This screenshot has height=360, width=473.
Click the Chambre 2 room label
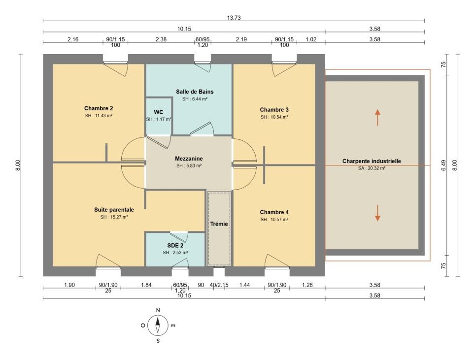[x=99, y=108]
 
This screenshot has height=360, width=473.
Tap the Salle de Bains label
[x=195, y=92]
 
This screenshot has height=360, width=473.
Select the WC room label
[x=158, y=112]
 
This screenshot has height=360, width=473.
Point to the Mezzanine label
[x=189, y=158]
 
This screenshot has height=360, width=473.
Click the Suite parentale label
[x=114, y=209]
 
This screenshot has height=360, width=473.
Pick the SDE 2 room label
[x=175, y=245]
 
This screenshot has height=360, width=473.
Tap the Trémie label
[x=219, y=224]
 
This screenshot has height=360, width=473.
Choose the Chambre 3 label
[x=274, y=109]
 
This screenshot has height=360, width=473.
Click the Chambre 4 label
[x=274, y=212]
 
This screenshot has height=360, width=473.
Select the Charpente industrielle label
[x=372, y=161]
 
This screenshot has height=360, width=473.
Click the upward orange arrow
[x=377, y=117]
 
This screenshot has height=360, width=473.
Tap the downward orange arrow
[x=377, y=213]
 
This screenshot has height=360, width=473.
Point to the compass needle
[x=158, y=326]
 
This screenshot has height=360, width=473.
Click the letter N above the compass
[x=158, y=310]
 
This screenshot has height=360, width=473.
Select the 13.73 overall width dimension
[x=234, y=18]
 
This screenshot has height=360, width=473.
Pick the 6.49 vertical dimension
[x=443, y=165]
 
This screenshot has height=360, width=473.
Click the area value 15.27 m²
[x=114, y=217]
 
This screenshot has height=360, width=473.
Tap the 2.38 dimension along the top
[x=161, y=39]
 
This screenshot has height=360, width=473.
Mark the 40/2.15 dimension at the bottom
[x=219, y=285]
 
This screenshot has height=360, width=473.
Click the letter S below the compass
[x=158, y=341]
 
